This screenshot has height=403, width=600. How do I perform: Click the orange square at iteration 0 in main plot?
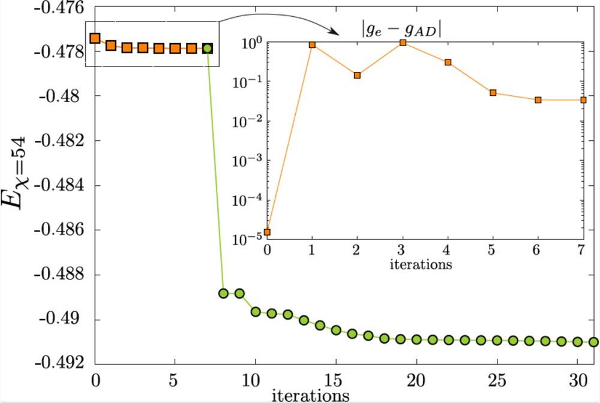click(95, 38)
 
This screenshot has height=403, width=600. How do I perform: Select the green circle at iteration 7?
click(208, 48)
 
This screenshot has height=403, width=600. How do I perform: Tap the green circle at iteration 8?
click(223, 293)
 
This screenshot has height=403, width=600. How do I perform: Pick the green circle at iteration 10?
click(256, 311)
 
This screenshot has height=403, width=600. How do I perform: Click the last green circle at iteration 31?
click(593, 342)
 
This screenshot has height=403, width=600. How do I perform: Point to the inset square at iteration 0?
click(268, 232)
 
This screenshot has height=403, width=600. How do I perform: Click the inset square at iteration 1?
click(312, 44)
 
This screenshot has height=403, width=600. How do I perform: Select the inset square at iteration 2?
click(357, 76)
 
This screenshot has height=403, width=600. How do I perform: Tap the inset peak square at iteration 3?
click(403, 43)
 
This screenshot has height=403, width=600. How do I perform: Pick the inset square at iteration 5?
click(493, 93)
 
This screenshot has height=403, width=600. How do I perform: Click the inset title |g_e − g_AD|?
click(401, 29)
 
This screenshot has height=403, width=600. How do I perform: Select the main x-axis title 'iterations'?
click(310, 395)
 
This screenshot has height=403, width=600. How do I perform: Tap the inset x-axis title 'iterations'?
click(421, 263)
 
